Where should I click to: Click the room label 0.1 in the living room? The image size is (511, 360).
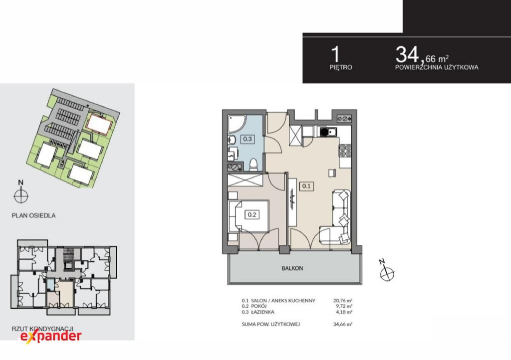pos(306,186)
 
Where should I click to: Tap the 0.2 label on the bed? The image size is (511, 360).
pos(252,214)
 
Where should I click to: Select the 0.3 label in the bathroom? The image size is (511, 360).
pos(248,139)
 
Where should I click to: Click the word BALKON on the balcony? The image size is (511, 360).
pos(292,268)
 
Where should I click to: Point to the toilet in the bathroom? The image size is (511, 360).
pos(253,165)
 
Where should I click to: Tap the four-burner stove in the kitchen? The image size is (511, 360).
pos(345,151)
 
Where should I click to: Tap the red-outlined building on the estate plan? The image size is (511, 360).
pos(99,123)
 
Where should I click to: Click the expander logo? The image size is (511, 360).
pos(51,336)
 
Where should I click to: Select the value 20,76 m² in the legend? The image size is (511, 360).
pos(343,301)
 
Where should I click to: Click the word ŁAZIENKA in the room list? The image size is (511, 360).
pos(262,312)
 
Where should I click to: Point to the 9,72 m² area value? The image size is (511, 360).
pos(344,306)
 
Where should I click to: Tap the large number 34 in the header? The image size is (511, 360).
pos(407,54)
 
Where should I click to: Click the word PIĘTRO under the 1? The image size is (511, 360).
pos(341,67)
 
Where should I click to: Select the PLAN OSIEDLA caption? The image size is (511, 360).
pos(33,215)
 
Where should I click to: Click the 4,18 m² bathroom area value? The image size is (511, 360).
pos(344,312)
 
